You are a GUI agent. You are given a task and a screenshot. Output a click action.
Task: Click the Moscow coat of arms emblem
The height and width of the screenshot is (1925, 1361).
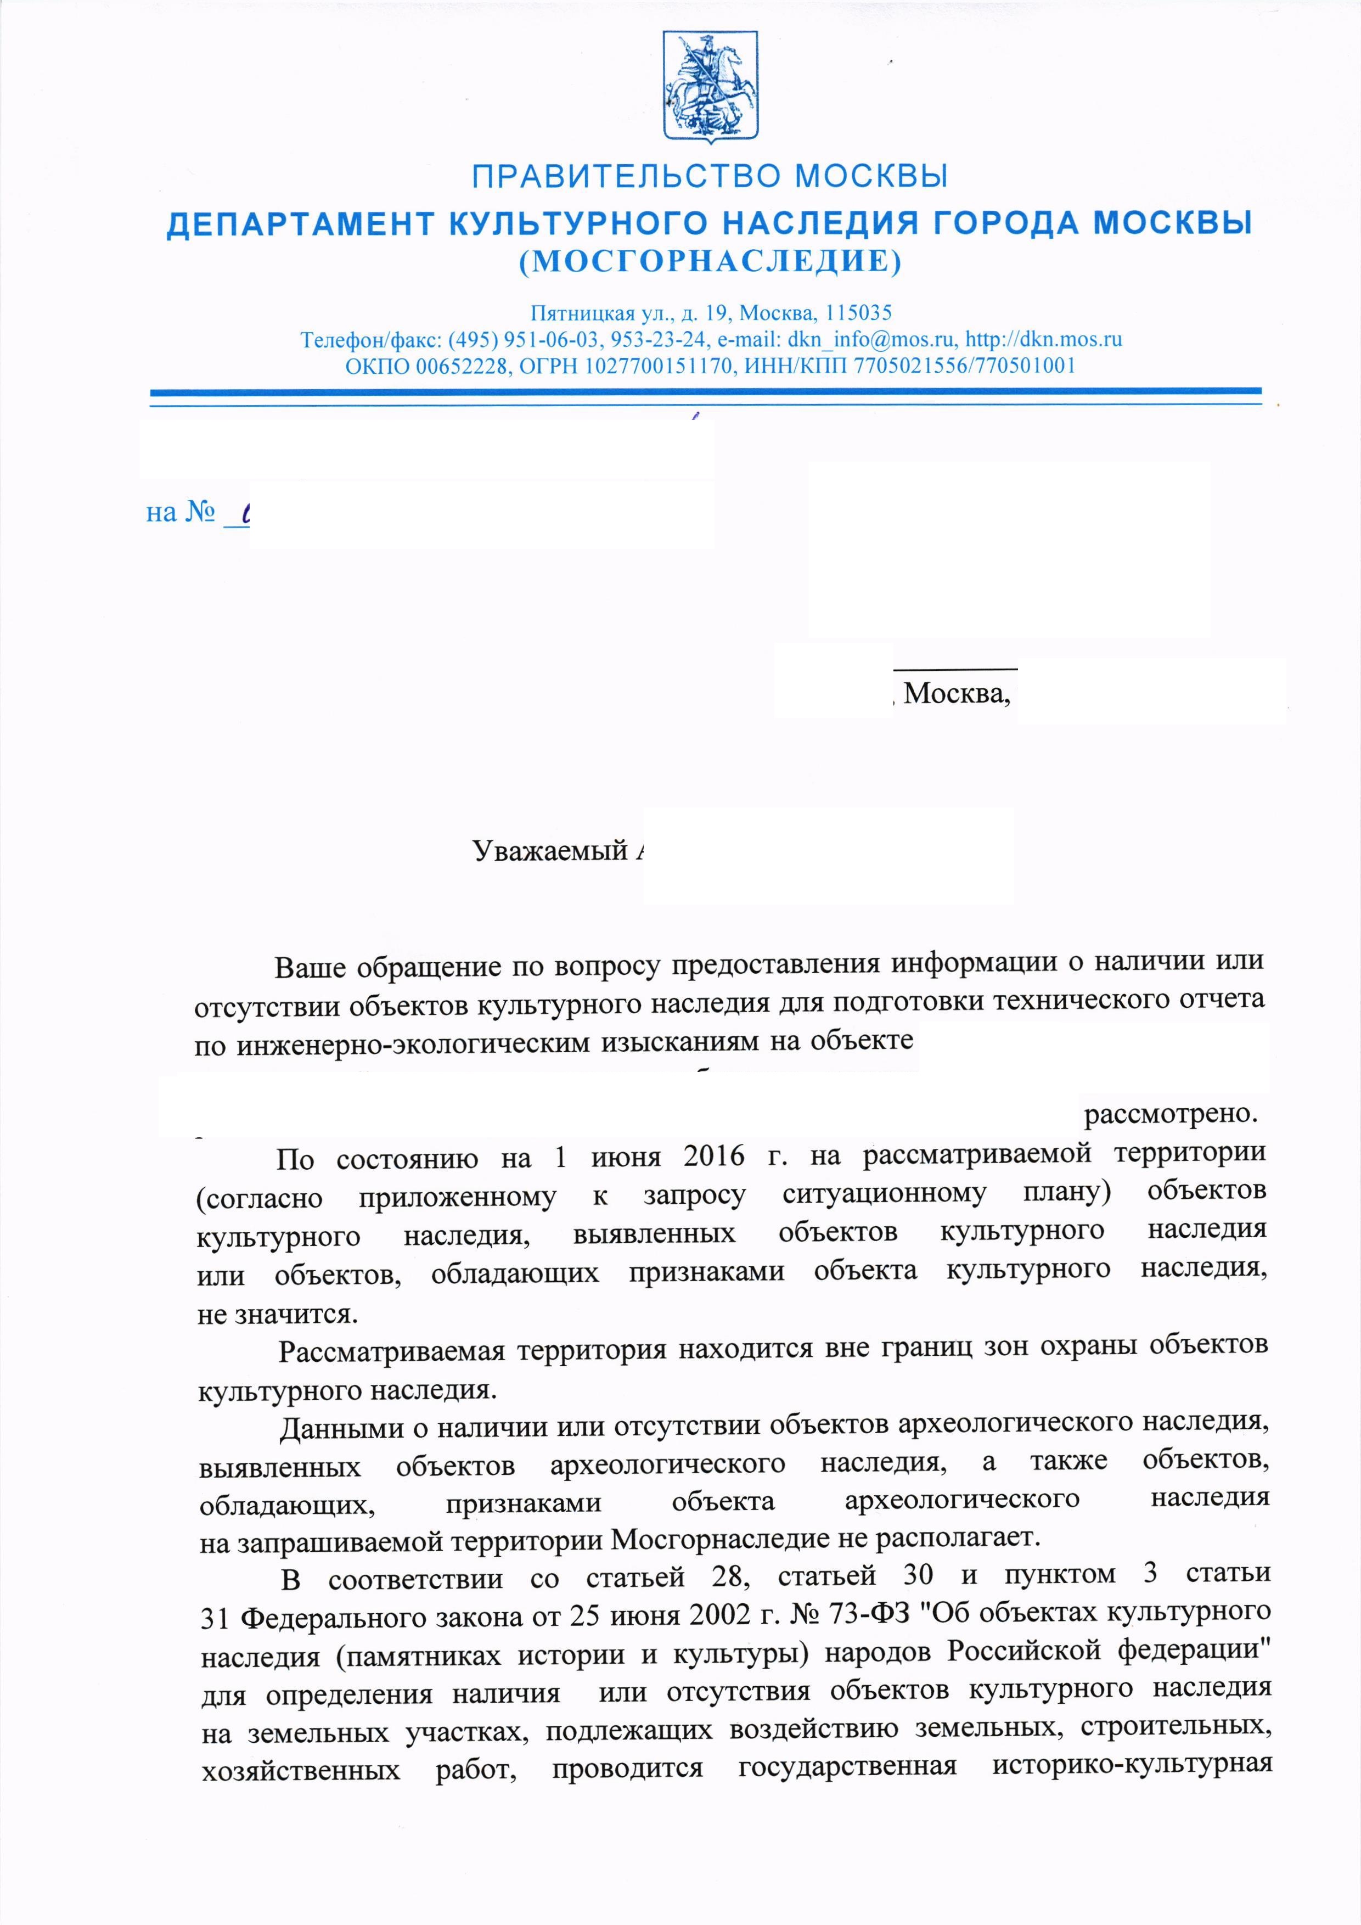tap(711, 87)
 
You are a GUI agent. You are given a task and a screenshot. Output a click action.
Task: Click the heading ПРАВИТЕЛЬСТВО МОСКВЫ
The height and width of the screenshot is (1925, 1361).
tap(710, 177)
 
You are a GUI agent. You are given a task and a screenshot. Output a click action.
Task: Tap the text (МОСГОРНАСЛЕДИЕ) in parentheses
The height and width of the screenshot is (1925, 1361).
tap(710, 262)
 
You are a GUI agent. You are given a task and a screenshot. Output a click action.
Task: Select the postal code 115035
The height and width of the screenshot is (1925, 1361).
tap(858, 313)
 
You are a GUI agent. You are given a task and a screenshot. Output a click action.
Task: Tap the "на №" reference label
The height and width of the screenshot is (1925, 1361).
tap(181, 512)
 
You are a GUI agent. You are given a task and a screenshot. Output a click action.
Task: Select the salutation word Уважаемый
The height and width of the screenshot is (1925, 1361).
tap(550, 850)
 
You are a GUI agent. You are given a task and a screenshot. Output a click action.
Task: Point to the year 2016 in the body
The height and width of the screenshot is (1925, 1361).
tap(714, 1156)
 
